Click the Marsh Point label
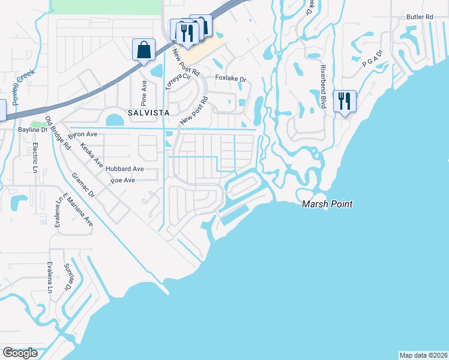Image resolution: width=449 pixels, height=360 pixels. click(x=327, y=204)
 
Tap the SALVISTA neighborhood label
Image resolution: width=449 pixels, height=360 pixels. click(x=148, y=112)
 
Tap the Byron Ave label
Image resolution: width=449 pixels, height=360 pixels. click(x=83, y=135)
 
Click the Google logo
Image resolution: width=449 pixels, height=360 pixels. click(x=20, y=353)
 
